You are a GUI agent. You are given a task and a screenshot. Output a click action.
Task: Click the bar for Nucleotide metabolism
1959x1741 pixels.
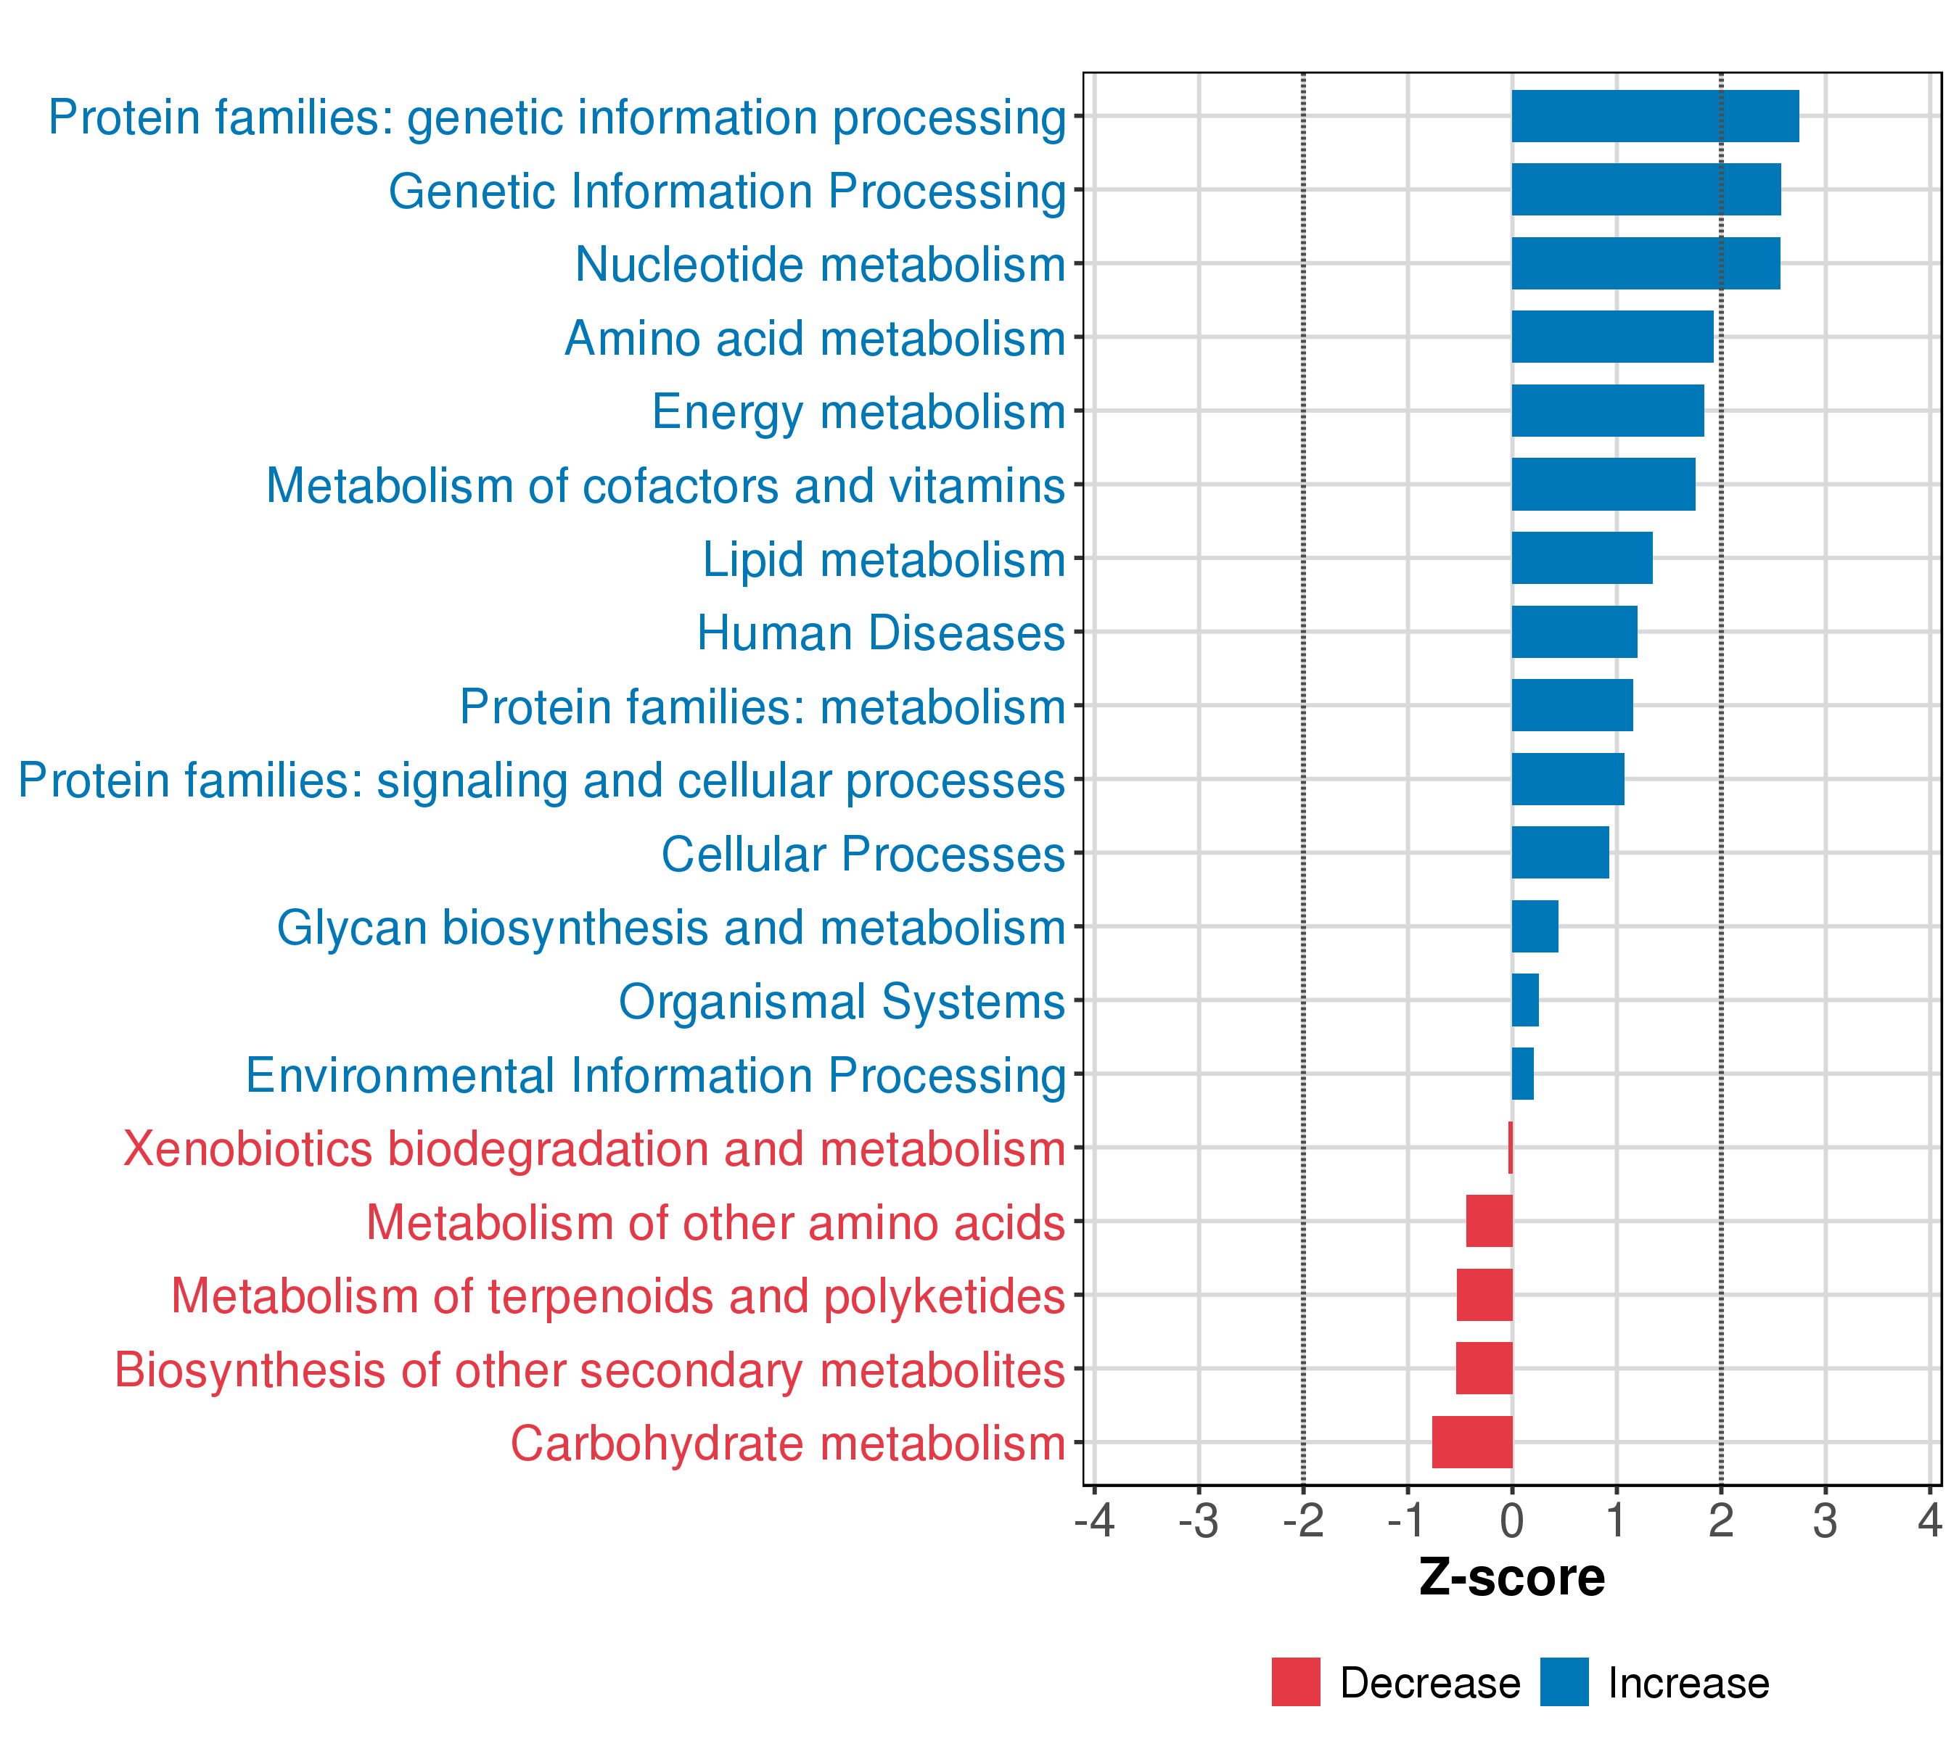click(1646, 263)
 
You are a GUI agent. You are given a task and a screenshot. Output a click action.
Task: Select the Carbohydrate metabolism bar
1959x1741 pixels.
click(1472, 1442)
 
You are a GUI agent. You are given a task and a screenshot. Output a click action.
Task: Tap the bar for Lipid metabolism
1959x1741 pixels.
click(1582, 558)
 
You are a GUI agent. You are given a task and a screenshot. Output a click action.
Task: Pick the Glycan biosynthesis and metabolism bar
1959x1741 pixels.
click(1535, 926)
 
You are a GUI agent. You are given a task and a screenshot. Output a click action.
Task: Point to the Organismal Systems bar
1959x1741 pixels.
click(1526, 1000)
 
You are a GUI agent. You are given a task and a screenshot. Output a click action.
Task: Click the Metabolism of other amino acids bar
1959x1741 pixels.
click(1490, 1221)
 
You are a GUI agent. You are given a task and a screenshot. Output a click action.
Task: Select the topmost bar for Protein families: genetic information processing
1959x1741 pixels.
click(1655, 116)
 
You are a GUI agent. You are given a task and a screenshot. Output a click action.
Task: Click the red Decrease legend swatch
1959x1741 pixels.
click(1296, 1682)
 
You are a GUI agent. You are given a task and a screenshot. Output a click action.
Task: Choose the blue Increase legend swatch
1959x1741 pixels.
click(1564, 1682)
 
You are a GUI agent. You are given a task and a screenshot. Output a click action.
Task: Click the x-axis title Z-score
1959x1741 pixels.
click(1511, 1577)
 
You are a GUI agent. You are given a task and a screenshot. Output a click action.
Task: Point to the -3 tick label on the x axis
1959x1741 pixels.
click(1198, 1520)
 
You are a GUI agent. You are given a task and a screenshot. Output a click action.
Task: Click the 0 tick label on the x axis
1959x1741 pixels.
click(1512, 1520)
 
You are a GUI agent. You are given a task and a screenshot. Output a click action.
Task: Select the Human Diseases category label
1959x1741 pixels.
click(881, 633)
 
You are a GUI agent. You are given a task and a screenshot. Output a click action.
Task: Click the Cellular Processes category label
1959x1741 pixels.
click(863, 854)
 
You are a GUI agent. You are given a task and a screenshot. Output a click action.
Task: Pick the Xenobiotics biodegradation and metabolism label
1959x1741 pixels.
click(594, 1149)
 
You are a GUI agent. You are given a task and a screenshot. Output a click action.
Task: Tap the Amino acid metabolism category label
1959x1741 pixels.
click(816, 338)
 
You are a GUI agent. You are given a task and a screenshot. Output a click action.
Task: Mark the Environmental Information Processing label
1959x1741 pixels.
click(656, 1075)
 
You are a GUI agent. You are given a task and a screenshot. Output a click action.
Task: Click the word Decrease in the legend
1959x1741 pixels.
click(1430, 1682)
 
